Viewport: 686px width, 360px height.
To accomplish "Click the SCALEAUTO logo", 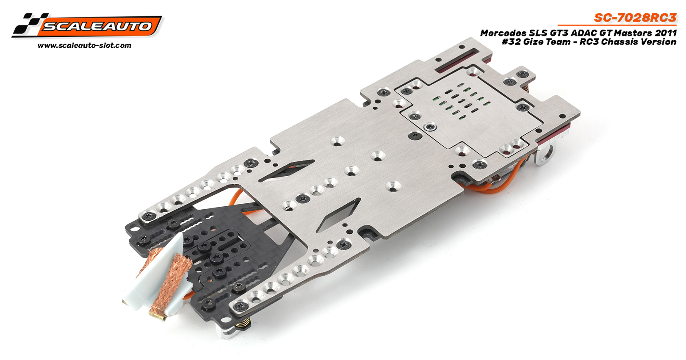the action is [87, 25].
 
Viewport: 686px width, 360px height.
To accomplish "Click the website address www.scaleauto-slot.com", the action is [85, 45].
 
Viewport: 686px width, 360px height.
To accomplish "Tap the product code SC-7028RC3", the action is [635, 18].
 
